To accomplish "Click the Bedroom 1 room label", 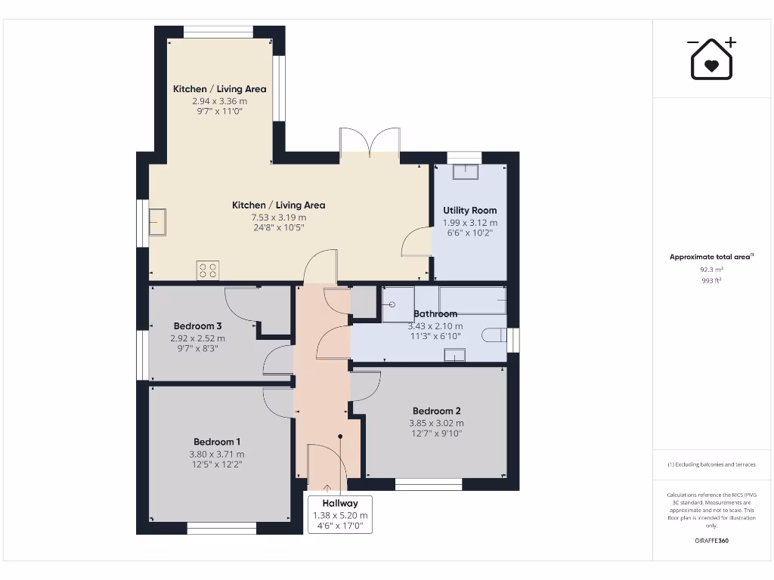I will tap(217, 442).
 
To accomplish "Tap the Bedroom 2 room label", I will tap(436, 411).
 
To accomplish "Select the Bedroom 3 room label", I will tap(197, 325).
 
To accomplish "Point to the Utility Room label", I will tap(469, 210).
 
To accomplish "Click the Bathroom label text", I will tap(435, 313).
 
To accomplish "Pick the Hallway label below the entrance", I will tap(340, 503).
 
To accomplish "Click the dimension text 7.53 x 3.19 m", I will tap(278, 217).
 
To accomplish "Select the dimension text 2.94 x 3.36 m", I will tap(219, 100).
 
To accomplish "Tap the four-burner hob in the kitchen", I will tap(208, 270).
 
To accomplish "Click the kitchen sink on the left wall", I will tap(157, 222).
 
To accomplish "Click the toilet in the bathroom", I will tap(496, 335).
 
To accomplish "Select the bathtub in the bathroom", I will tap(472, 299).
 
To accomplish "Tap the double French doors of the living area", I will tap(370, 143).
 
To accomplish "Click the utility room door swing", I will tap(416, 243).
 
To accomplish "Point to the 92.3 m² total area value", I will tap(711, 269).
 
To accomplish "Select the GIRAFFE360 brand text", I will tap(711, 541).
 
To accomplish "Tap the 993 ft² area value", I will tap(711, 280).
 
